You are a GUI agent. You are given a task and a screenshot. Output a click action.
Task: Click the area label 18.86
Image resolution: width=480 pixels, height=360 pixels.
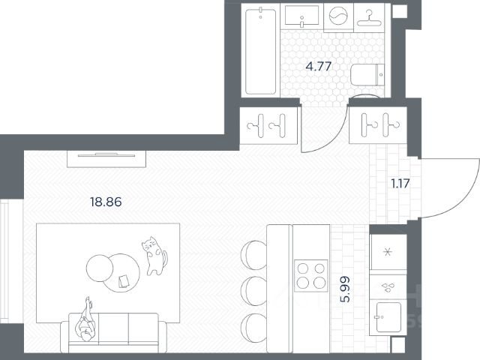tap(106, 202)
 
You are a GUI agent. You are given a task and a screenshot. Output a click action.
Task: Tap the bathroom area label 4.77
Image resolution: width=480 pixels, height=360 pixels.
tap(319, 66)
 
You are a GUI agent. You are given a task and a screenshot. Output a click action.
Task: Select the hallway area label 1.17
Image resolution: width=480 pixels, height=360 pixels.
tap(400, 184)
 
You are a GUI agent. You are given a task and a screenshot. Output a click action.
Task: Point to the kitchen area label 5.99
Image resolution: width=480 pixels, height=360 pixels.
tap(345, 289)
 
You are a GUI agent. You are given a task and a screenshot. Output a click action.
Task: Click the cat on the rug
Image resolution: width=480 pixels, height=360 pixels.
tap(154, 256)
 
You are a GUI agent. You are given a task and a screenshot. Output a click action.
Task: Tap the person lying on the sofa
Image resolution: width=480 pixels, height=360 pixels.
tap(86, 319)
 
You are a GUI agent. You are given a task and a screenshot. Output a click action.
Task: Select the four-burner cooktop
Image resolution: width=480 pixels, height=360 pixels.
tap(311, 275)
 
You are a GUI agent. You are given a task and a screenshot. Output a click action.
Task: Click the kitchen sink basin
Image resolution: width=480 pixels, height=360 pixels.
tap(388, 316)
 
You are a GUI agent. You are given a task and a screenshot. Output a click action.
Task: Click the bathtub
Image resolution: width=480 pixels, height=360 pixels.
tap(261, 51)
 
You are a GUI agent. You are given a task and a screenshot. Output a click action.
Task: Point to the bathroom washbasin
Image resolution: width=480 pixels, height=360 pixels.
tap(301, 16)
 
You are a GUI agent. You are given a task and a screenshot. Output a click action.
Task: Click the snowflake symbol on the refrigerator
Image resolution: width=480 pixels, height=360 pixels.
tap(388, 252)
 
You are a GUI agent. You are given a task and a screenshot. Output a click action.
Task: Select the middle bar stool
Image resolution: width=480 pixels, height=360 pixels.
tap(253, 291)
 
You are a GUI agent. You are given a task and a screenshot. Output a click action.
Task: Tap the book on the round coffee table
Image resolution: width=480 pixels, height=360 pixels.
tap(124, 282)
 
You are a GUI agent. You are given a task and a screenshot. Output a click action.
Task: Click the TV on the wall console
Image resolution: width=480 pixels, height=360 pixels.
tap(106, 155)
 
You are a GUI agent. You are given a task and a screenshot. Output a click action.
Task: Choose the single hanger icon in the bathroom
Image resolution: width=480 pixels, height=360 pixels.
tap(369, 18)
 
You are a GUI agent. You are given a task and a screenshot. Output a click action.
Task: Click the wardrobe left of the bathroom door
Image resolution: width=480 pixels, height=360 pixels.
tap(268, 125)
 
